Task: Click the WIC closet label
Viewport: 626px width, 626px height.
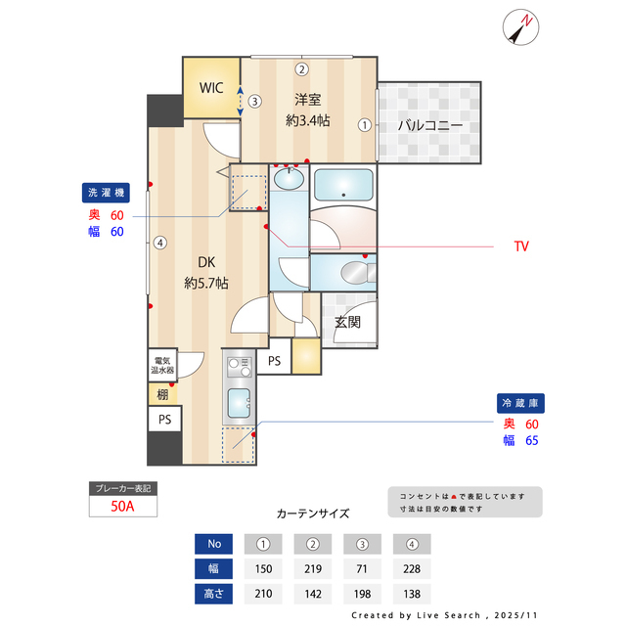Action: pos(211,87)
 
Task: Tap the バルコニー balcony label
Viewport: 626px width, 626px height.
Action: pos(429,125)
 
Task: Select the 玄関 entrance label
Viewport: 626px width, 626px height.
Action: pos(348,321)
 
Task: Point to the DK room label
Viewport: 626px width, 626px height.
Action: pos(206,262)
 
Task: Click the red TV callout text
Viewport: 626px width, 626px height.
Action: pos(521,246)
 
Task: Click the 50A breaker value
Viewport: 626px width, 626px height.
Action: pos(122,507)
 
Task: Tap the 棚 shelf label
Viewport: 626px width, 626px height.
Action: pos(162,394)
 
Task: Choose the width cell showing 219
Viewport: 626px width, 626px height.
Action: pos(313,568)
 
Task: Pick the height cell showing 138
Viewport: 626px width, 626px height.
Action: pos(411,593)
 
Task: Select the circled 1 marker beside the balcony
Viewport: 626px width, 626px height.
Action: pos(364,125)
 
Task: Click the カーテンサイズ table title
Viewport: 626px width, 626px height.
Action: pos(313,513)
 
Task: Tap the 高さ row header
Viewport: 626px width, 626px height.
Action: pos(212,593)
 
